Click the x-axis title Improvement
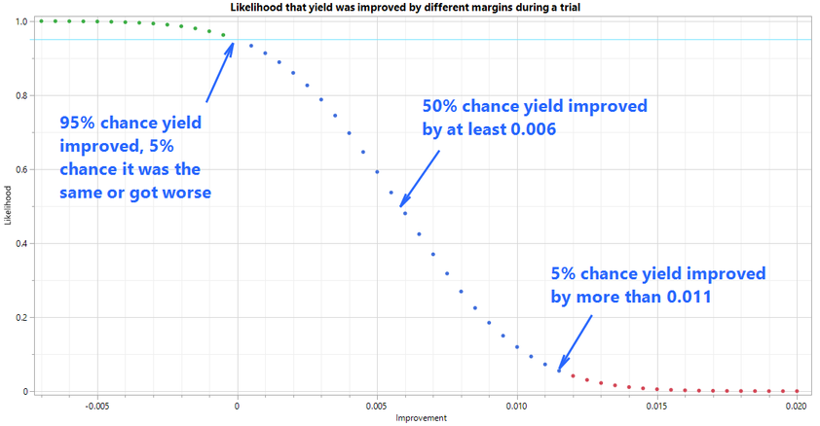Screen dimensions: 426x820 click(421, 418)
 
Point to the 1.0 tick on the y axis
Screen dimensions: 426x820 click(23, 21)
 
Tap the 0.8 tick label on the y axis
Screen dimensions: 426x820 click(23, 95)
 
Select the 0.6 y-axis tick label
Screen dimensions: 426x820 click(23, 169)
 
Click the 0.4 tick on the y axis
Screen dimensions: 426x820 click(23, 243)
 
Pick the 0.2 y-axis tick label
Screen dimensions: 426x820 click(23, 317)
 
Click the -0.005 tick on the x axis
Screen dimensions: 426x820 click(96, 405)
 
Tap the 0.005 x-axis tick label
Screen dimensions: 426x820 click(377, 405)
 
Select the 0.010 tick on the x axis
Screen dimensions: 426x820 click(517, 405)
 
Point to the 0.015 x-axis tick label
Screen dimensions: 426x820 click(657, 405)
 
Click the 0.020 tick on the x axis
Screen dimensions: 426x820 click(798, 405)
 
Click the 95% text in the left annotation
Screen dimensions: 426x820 click(78, 124)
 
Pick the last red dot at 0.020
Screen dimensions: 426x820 click(798, 390)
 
